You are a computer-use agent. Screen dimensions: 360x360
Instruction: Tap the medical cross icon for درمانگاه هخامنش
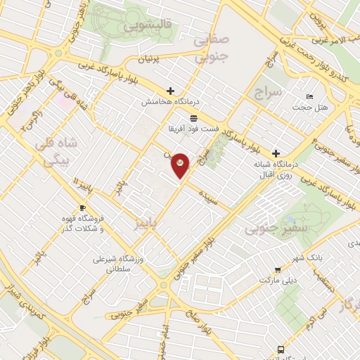[x=170, y=91]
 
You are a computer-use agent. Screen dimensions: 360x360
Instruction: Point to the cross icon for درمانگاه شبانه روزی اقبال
[x=276, y=153]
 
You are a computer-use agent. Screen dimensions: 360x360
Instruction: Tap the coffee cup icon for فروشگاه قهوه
[x=82, y=208]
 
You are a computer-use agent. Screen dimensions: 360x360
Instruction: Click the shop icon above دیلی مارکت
[x=278, y=269]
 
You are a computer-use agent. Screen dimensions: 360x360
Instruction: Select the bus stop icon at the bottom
[x=281, y=349]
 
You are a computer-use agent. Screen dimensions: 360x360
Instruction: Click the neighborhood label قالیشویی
[x=148, y=27]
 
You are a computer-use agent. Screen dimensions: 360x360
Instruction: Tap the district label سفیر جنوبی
[x=266, y=229]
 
